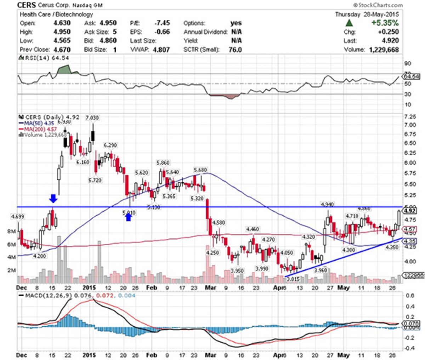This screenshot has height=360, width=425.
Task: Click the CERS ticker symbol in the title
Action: pos(26,5)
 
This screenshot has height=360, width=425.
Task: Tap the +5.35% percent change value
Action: pos(385,23)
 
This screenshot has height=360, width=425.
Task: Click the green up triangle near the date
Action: pos(349,23)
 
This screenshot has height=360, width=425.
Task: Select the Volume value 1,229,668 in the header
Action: pos(384,50)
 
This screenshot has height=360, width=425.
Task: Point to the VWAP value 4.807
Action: pos(161,50)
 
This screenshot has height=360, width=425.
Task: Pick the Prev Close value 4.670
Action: pos(62,50)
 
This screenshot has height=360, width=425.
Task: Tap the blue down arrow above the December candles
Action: pos(53,198)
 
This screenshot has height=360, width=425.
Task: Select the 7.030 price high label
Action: pos(92,118)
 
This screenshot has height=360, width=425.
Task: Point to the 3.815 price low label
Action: pos(293,279)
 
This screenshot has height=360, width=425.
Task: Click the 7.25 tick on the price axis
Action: pos(410,117)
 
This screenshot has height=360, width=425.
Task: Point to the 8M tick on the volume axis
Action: pos(11,232)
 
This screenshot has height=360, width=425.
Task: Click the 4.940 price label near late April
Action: pos(327,204)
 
